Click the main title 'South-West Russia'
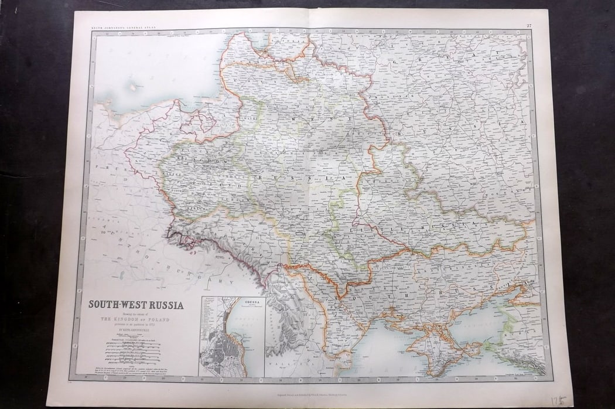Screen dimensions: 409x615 point(135,305)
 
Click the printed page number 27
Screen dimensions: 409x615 point(529,25)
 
